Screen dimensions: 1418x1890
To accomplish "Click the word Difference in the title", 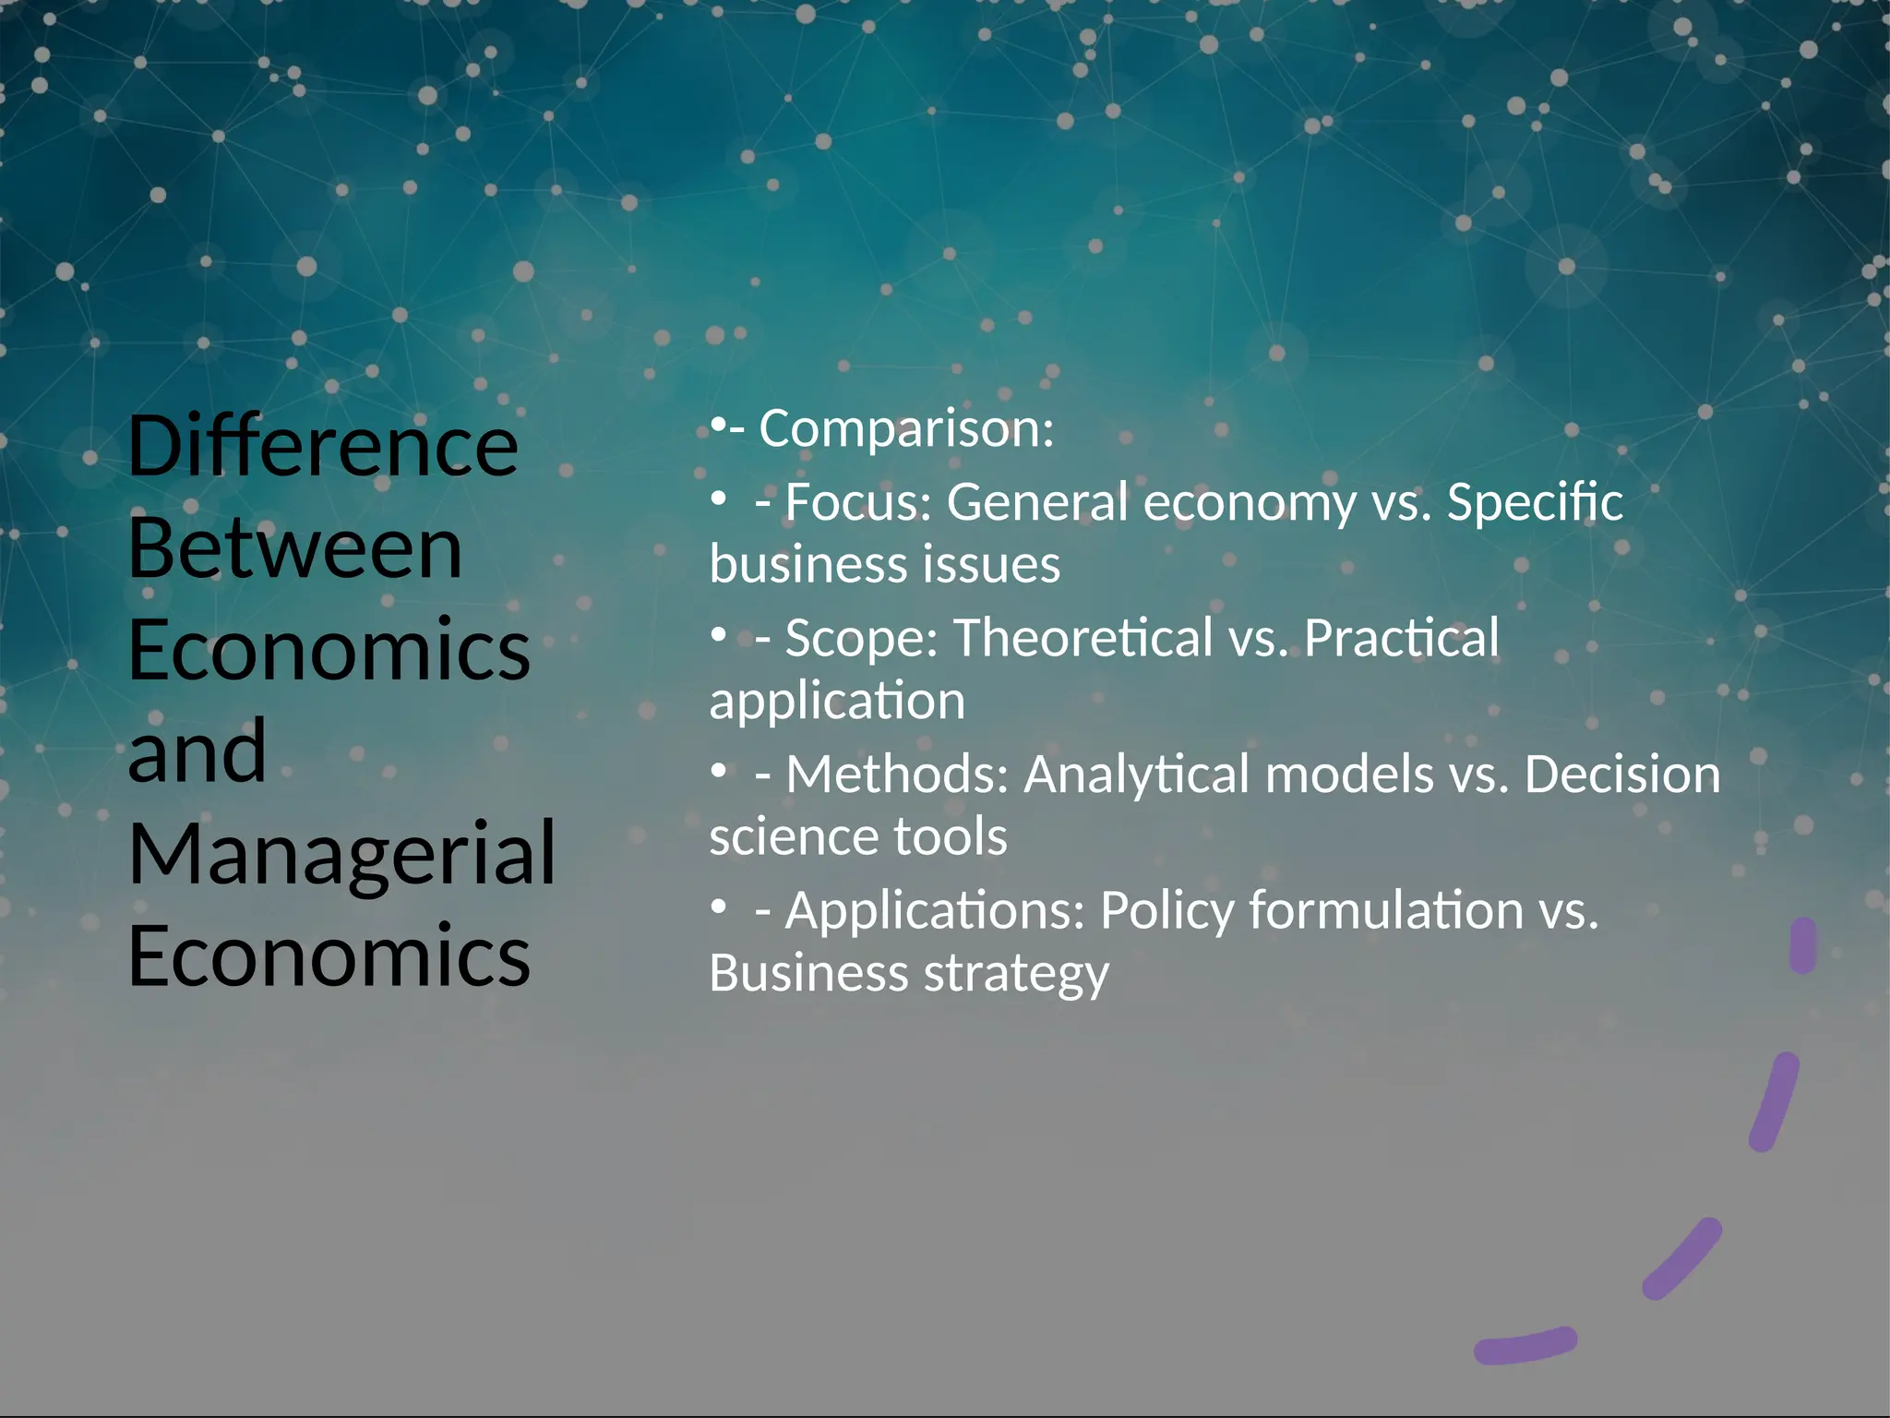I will (323, 446).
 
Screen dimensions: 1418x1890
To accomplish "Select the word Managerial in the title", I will (341, 854).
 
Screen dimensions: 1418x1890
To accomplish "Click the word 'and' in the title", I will (197, 751).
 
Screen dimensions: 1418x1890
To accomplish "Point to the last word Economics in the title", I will (329, 955).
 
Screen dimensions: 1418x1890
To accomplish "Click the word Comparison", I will (905, 429).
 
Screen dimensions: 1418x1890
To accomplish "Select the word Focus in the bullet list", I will (858, 502).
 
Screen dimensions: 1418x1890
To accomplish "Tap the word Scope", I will (861, 638).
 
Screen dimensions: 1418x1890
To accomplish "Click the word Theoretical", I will (1083, 638).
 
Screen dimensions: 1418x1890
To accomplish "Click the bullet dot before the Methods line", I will (718, 772).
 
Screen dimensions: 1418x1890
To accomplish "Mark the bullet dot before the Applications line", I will (718, 908).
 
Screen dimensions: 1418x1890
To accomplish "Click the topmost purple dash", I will (1802, 944).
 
